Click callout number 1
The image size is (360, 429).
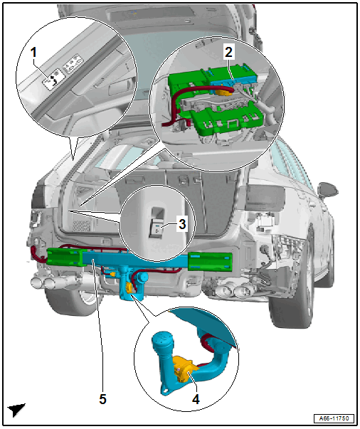click(33, 52)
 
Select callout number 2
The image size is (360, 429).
click(228, 52)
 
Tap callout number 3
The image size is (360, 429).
click(182, 224)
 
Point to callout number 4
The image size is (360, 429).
click(196, 399)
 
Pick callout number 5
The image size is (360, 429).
click(102, 399)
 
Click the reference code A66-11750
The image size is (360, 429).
click(334, 418)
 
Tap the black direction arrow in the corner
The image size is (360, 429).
click(16, 410)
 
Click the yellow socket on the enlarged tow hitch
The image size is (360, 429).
click(184, 368)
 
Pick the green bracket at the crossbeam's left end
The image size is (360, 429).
click(65, 257)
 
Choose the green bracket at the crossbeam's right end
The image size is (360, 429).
click(211, 261)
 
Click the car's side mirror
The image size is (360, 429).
click(328, 190)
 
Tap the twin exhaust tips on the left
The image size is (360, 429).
click(44, 282)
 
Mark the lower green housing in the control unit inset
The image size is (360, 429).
click(227, 120)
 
